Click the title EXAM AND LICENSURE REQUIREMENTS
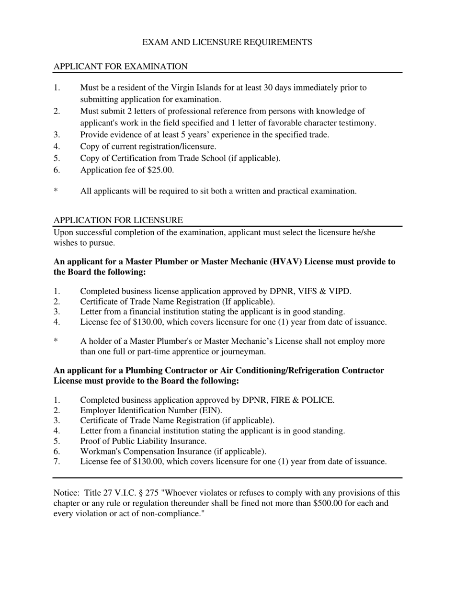click(x=227, y=43)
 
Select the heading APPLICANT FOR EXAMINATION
click(x=120, y=67)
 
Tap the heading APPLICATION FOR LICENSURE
click(x=118, y=220)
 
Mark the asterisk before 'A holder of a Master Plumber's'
click(x=56, y=341)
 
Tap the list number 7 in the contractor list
click(x=57, y=462)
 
